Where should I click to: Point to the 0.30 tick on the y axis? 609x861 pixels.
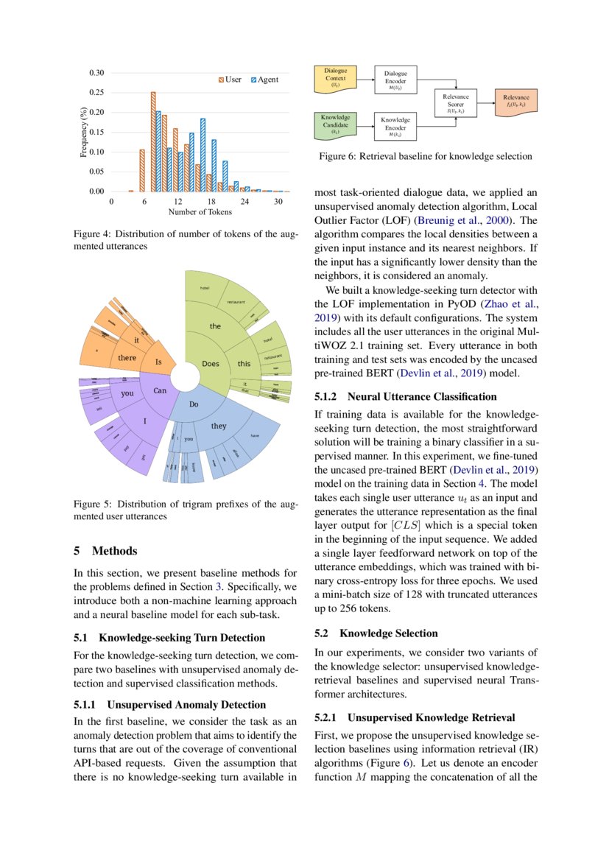[x=96, y=73]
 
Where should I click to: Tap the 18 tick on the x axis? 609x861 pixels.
[x=211, y=201]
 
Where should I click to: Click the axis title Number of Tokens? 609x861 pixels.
[x=200, y=212]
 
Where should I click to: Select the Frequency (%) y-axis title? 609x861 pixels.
[x=84, y=133]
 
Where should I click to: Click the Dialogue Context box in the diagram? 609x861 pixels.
[x=335, y=78]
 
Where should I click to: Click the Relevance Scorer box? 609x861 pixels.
[x=456, y=104]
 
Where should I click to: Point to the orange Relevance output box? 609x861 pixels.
[x=515, y=101]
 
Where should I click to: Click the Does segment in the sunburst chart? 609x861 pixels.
[x=210, y=364]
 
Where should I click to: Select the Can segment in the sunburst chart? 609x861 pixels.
[x=159, y=390]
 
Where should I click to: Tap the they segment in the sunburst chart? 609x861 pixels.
[x=219, y=426]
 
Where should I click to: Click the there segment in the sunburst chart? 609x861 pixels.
[x=127, y=358]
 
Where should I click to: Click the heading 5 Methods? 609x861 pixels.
[x=105, y=551]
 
